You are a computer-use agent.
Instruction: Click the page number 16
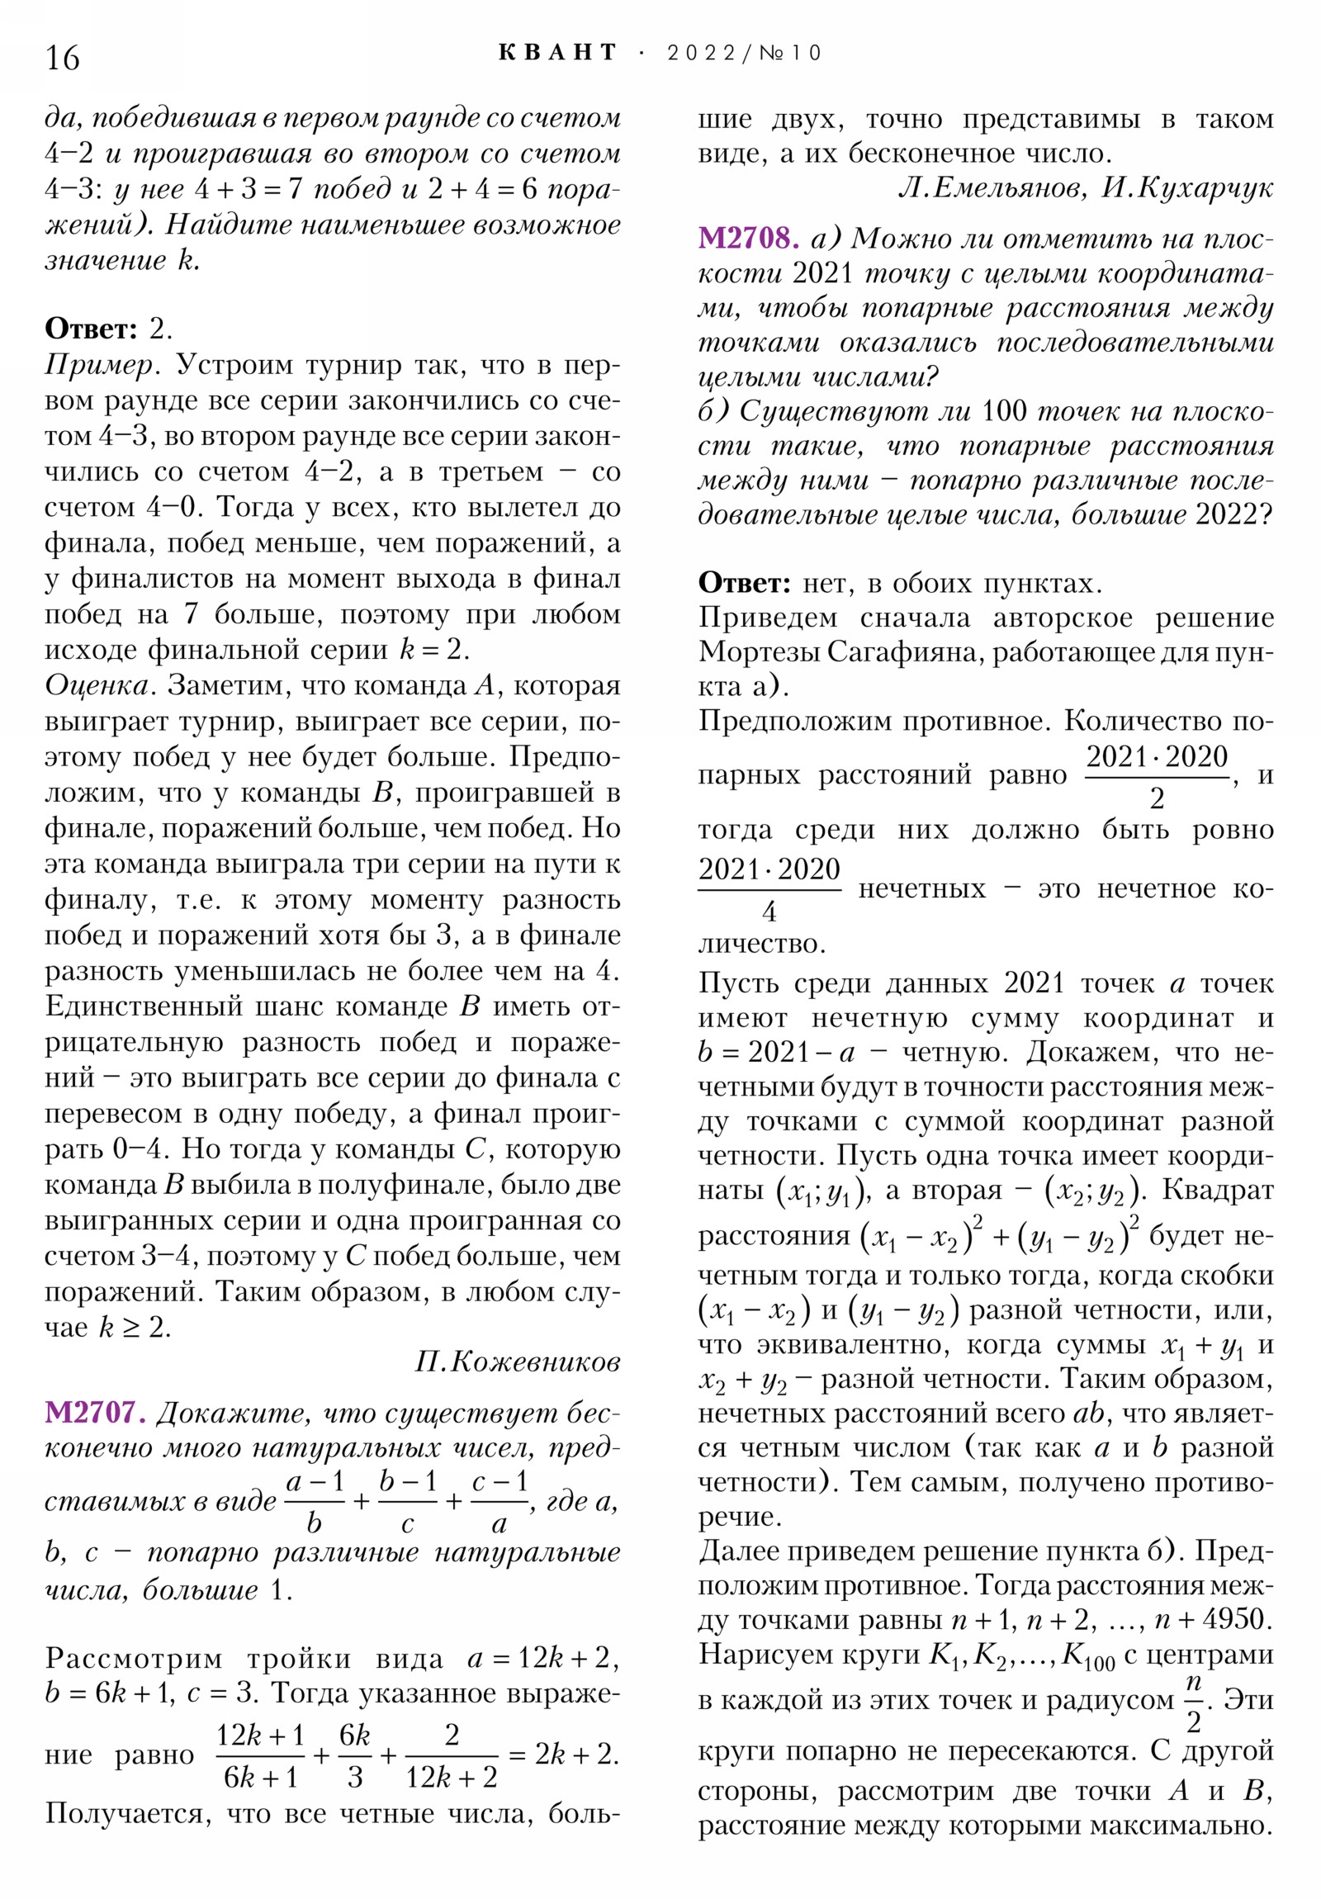pyautogui.click(x=63, y=59)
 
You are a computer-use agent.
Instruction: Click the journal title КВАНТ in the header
pyautogui.click(x=557, y=53)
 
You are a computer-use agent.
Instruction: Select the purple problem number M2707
pyautogui.click(x=95, y=1413)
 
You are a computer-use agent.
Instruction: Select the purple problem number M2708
pyautogui.click(x=748, y=239)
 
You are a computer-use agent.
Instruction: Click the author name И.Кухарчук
pyautogui.click(x=1187, y=189)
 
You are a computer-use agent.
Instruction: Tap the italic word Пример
pyautogui.click(x=98, y=365)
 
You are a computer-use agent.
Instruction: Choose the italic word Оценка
pyautogui.click(x=101, y=685)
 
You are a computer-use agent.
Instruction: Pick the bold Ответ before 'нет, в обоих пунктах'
pyautogui.click(x=745, y=583)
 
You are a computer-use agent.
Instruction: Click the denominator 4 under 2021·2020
pyautogui.click(x=769, y=912)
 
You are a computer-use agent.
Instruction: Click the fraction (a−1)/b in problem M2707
pyautogui.click(x=315, y=1503)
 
